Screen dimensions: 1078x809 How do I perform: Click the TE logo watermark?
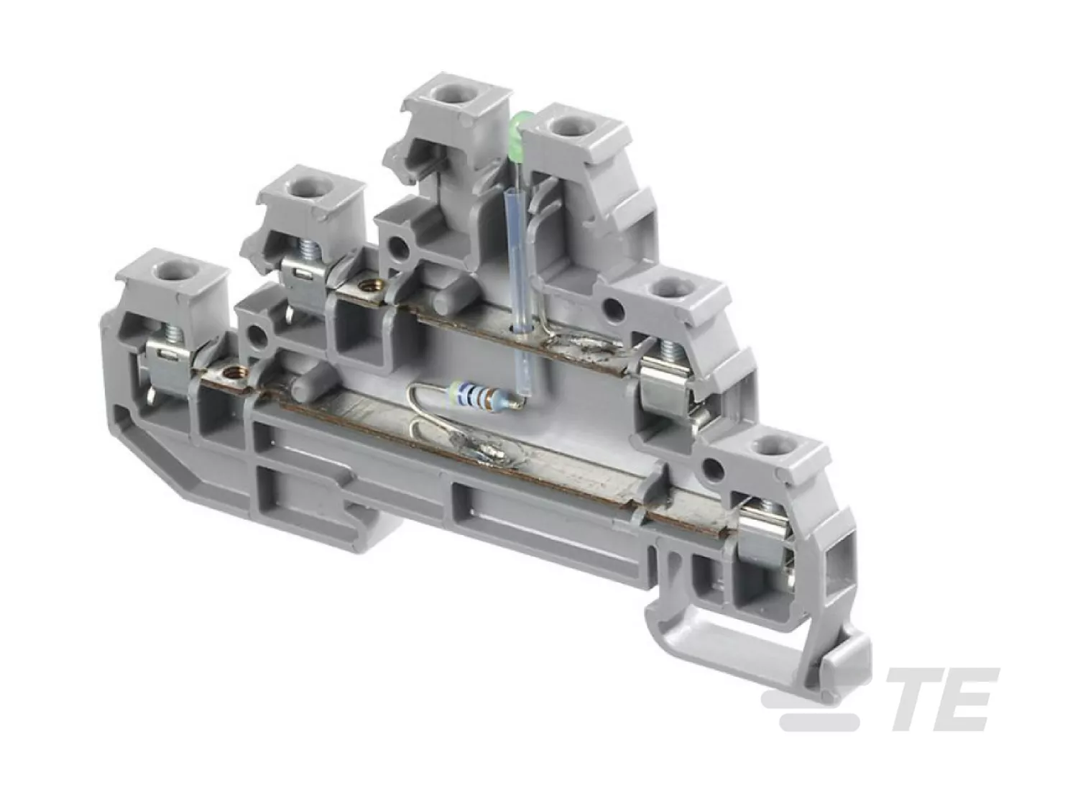coord(879,698)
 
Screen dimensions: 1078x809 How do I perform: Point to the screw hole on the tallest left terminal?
coord(453,92)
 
